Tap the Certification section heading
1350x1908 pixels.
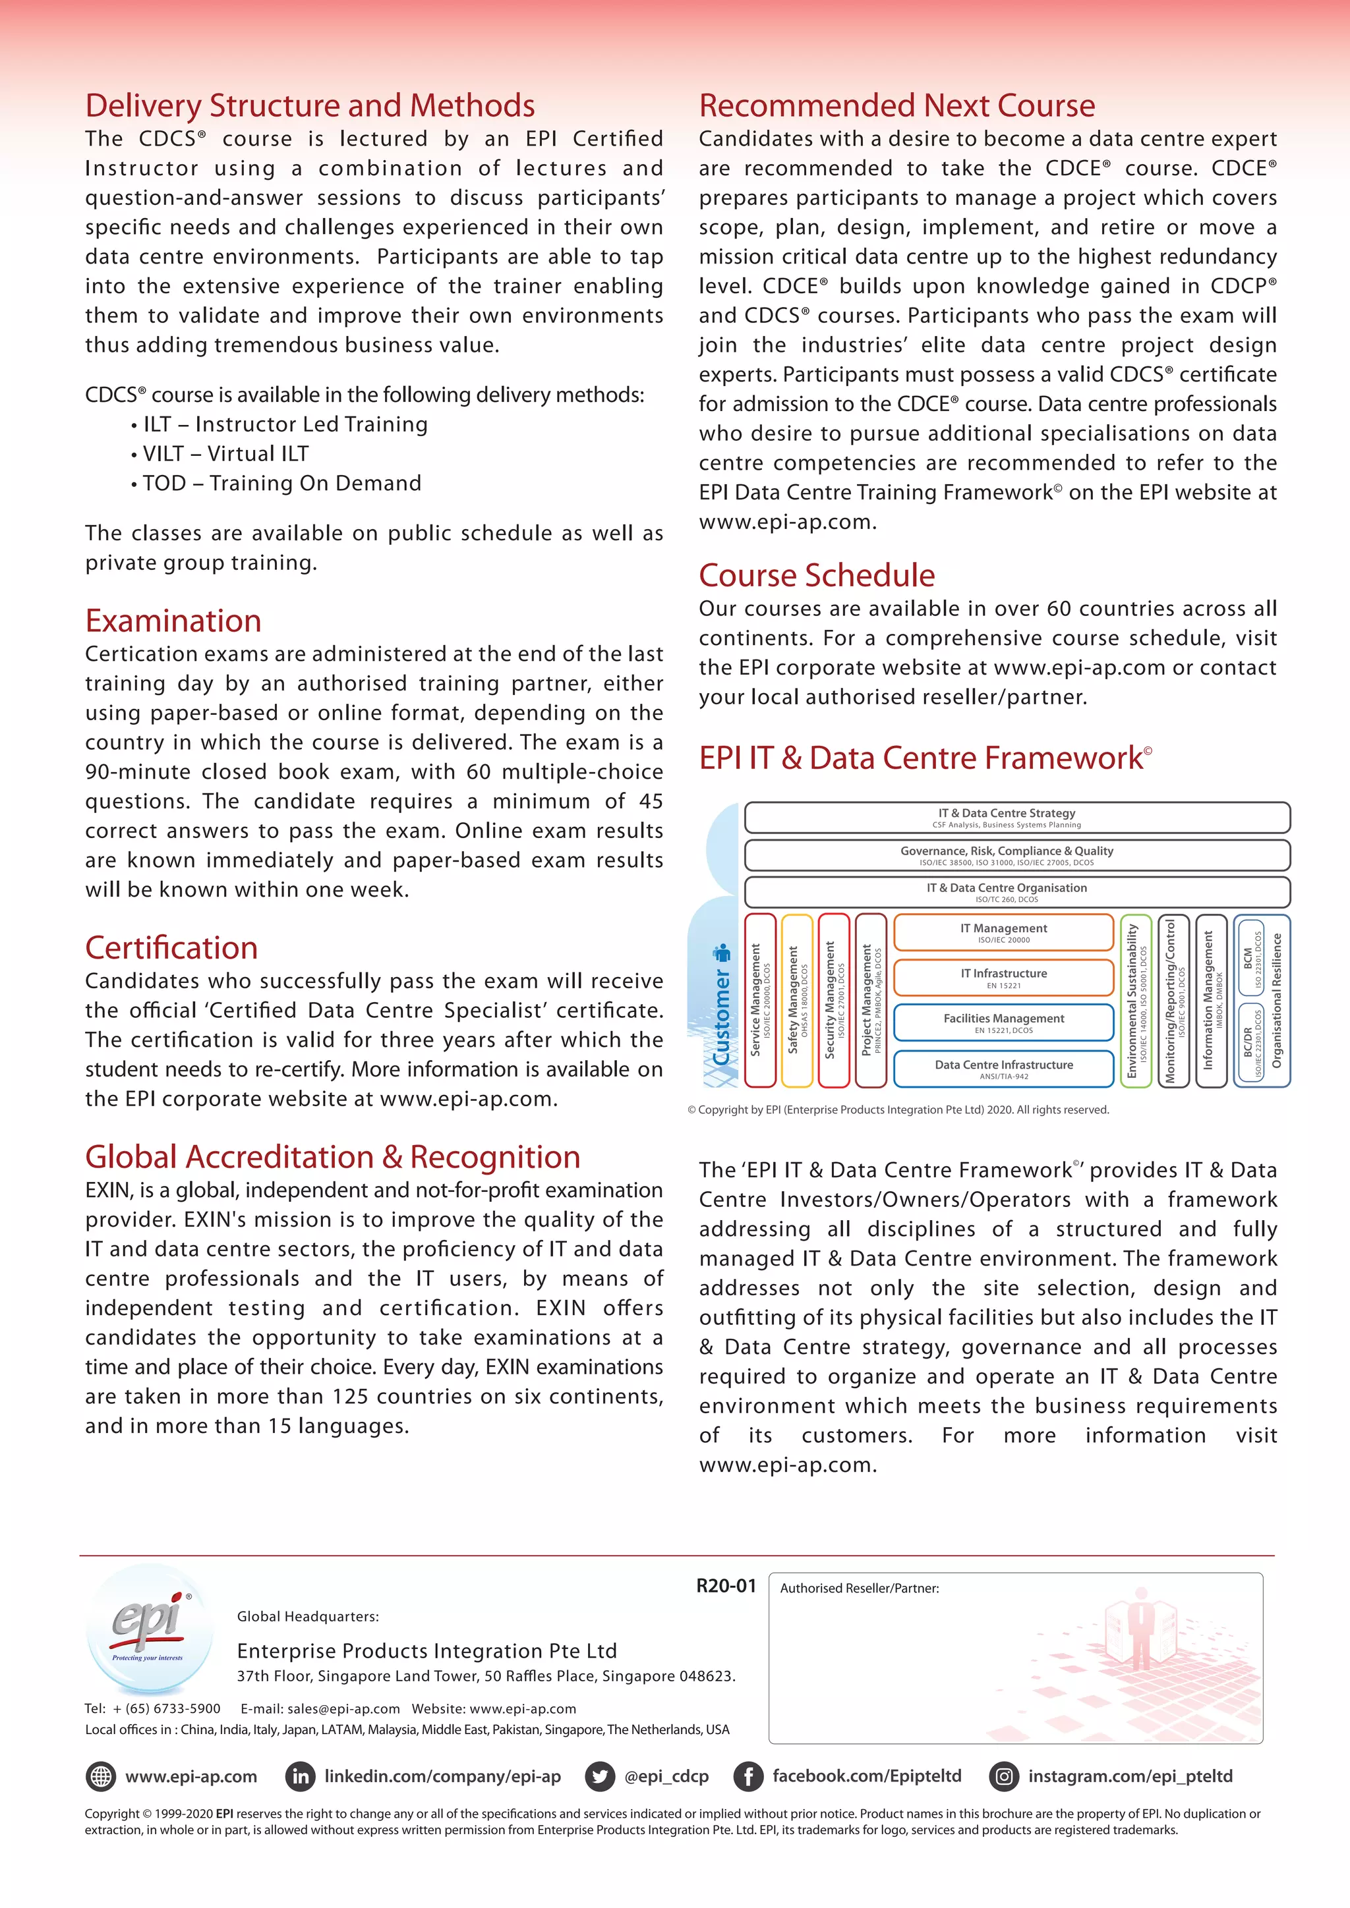click(x=171, y=947)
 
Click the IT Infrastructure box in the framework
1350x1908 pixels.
click(x=1003, y=977)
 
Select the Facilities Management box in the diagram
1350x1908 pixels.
click(x=1003, y=1022)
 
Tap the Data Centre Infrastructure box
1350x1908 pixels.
click(x=1003, y=1069)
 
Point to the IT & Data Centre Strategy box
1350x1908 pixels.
click(x=1016, y=817)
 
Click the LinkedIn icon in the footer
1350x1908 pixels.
click(x=300, y=1777)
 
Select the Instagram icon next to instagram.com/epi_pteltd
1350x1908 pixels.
click(x=1003, y=1777)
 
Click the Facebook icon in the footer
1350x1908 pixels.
click(x=748, y=1777)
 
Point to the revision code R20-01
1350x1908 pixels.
click(x=726, y=1586)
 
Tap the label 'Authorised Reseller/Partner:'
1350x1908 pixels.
click(x=859, y=1588)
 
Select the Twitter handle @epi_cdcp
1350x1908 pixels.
click(x=666, y=1777)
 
